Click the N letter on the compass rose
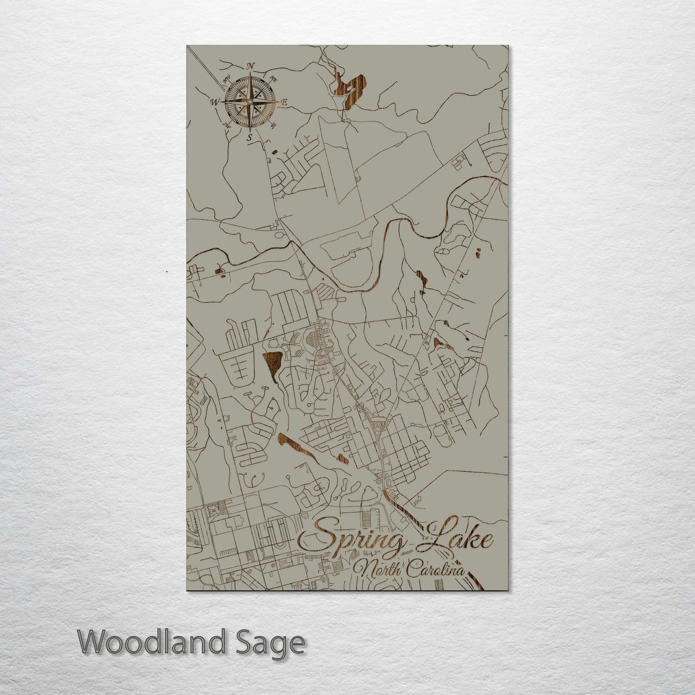coord(250,66)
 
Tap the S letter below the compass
coord(249,138)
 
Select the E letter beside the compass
coord(284,102)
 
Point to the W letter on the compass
coord(214,102)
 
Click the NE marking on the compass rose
coord(273,78)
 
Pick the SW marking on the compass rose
coord(226,126)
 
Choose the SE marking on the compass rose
coord(273,126)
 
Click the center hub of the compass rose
coord(250,101)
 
